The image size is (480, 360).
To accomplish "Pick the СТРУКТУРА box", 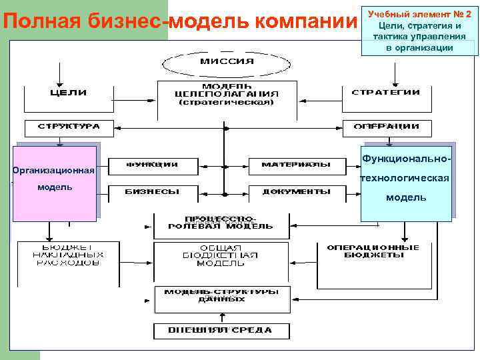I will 69,127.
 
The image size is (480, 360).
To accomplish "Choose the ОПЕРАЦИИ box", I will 387,127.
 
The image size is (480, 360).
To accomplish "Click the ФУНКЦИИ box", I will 152,164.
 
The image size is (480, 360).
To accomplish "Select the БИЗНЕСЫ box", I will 152,192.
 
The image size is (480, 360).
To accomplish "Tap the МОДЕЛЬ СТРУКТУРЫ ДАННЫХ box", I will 222,296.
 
